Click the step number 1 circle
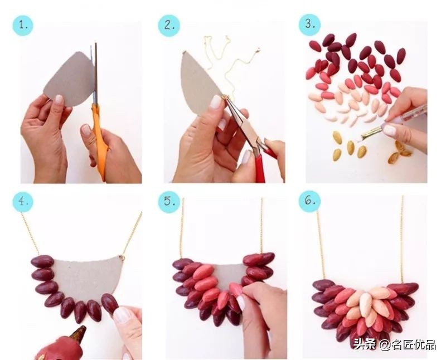pos(24,25)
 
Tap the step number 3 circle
pos(310,25)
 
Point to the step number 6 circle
pos(309,202)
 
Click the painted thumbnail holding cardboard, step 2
pos(216,103)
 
